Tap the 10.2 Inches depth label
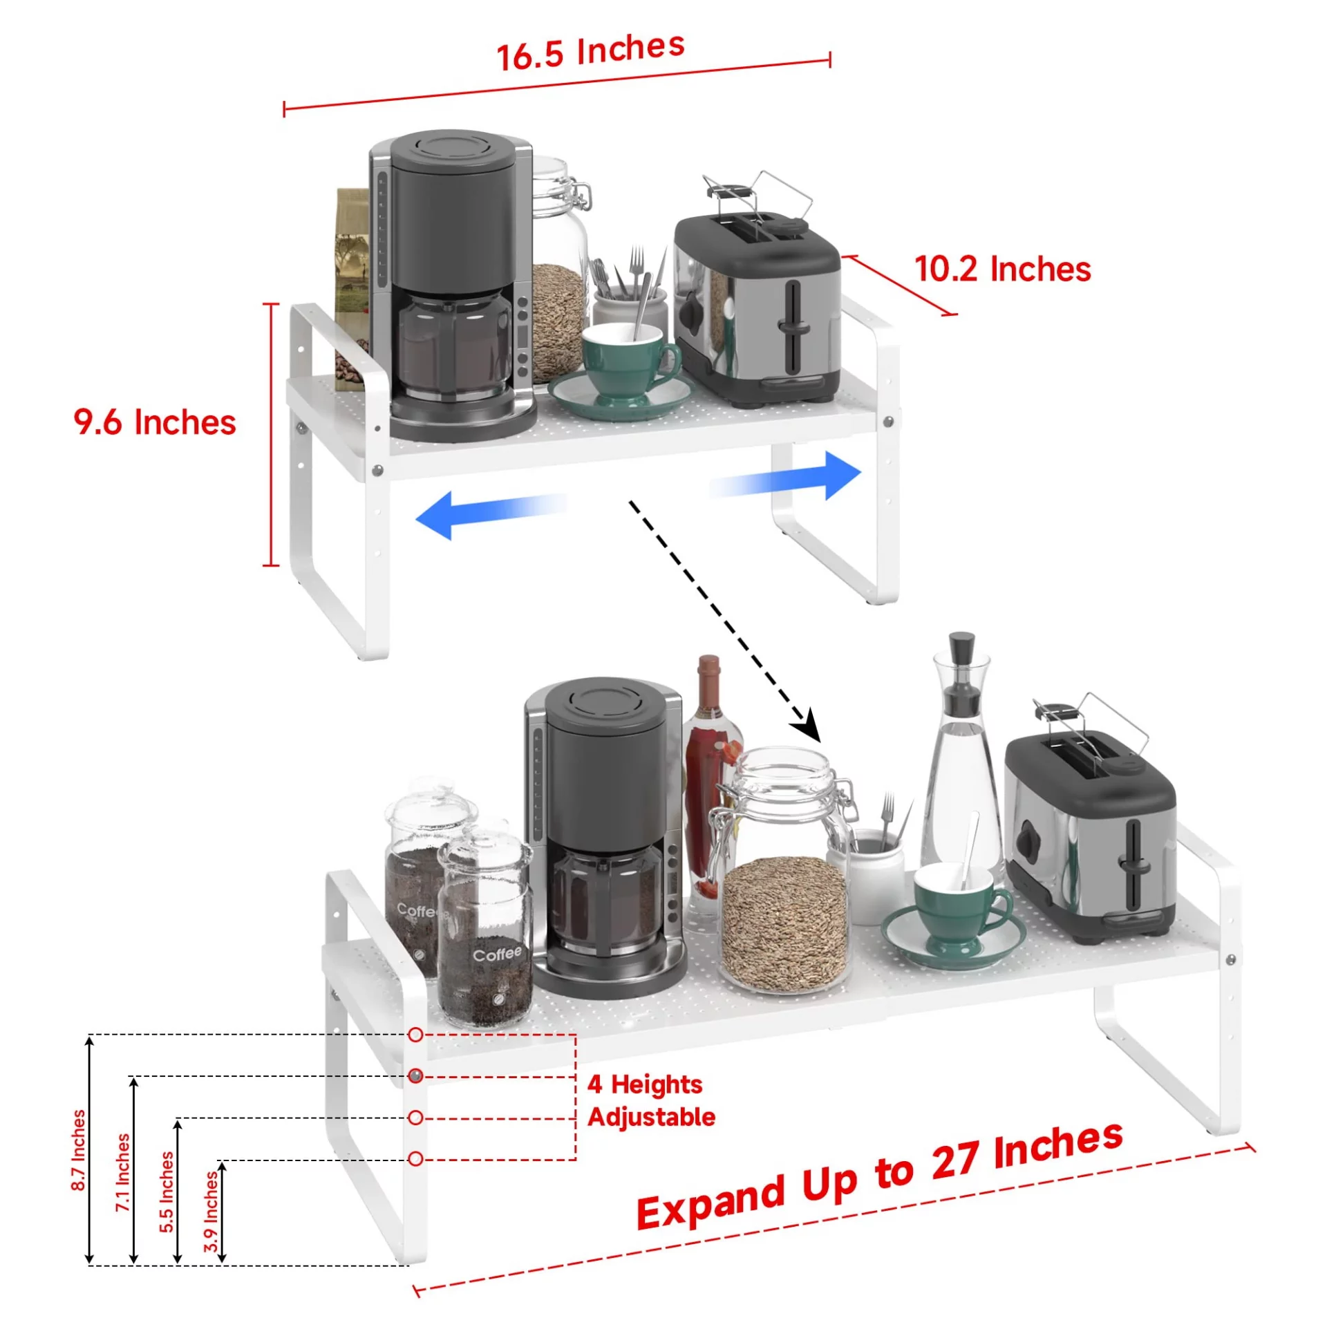(1001, 269)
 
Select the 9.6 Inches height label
(155, 422)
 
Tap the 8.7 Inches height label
(79, 1150)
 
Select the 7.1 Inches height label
(122, 1172)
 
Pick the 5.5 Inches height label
(167, 1192)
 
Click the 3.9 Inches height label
(211, 1212)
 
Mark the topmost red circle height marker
(415, 1035)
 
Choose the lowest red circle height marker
(415, 1158)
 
